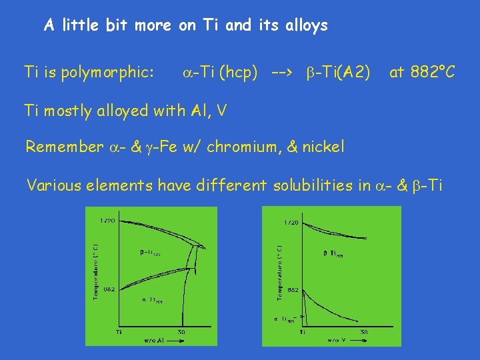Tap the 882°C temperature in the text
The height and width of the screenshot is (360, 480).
423,71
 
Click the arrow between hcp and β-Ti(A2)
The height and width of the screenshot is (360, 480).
281,72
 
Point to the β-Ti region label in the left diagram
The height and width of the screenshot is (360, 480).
149,253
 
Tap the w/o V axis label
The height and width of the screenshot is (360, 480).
335,341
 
